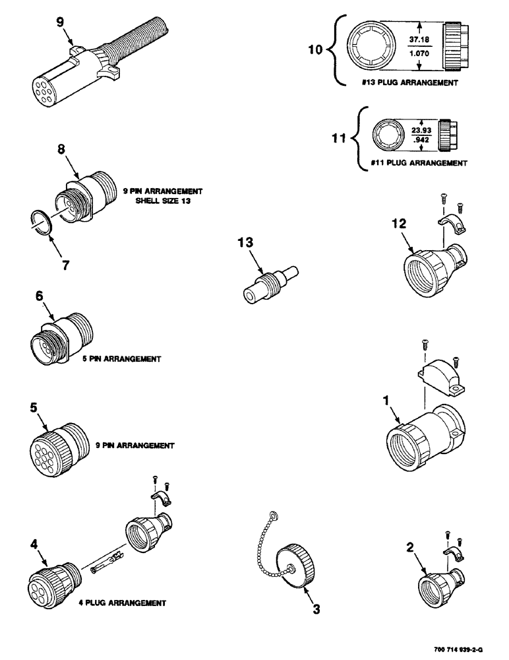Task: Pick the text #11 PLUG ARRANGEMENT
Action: click(x=417, y=162)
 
